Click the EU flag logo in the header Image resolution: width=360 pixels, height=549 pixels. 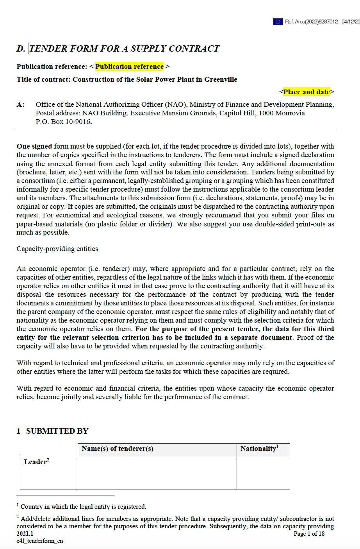tap(278, 22)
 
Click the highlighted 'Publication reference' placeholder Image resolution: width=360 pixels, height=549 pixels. tap(129, 66)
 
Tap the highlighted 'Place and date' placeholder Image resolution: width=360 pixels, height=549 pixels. tap(307, 92)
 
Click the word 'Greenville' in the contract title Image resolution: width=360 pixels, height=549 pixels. tap(221, 79)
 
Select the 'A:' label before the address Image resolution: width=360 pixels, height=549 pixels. tap(20, 104)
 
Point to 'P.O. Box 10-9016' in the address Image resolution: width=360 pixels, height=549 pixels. tap(64, 122)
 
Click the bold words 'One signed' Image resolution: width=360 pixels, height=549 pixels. tap(34, 146)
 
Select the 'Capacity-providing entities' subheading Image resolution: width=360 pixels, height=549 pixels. tap(57, 249)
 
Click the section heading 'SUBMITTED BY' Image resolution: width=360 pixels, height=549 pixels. tap(57, 431)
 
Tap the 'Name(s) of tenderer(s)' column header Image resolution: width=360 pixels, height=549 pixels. tap(118, 449)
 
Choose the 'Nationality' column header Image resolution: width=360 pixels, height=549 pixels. tap(259, 449)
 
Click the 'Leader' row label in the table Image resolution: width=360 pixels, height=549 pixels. tap(36, 462)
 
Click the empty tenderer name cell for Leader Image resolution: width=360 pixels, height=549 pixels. tap(157, 473)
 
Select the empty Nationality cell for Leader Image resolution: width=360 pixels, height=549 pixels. tap(263, 473)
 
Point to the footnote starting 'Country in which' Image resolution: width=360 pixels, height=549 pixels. tap(83, 506)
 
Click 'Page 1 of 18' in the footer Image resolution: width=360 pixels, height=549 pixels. tap(309, 534)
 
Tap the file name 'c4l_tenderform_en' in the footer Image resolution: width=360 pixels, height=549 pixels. tap(39, 541)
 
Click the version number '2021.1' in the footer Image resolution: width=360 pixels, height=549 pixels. tap(25, 534)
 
